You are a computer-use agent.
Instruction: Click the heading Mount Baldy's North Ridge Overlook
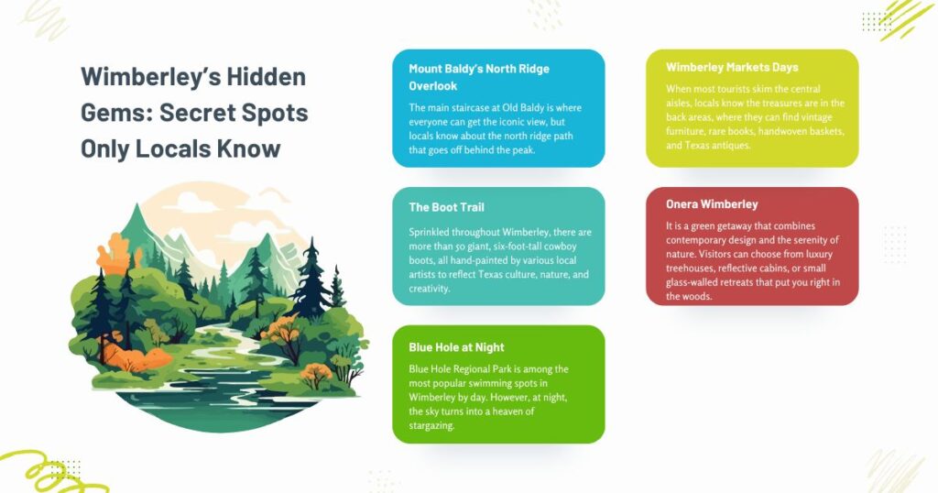[x=478, y=77]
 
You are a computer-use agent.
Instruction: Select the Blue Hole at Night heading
[x=456, y=347]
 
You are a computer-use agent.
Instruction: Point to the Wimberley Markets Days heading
[x=732, y=67]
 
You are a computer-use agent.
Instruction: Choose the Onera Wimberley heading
[x=712, y=203]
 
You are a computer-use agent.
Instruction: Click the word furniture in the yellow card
[x=690, y=131]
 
